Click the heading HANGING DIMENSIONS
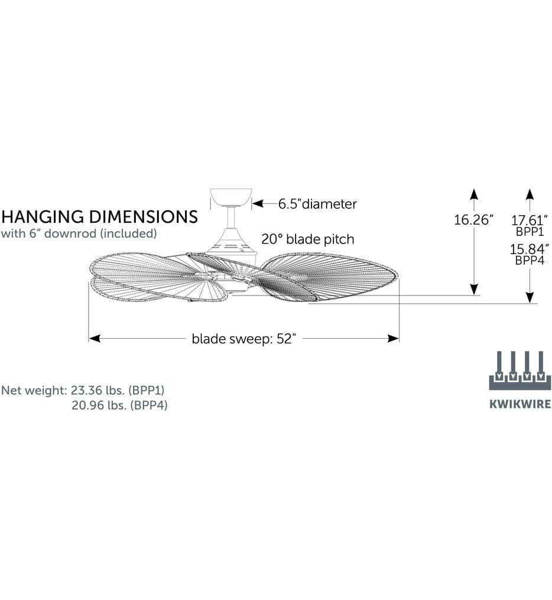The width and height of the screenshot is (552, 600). [x=99, y=216]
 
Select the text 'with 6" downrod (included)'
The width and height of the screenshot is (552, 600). [x=79, y=233]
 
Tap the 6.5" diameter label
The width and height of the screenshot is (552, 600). [x=317, y=203]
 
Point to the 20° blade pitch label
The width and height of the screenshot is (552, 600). [x=307, y=239]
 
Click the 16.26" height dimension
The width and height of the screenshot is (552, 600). [x=473, y=220]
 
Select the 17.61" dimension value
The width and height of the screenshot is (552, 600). [x=530, y=220]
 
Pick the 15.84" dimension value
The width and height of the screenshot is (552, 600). [x=530, y=249]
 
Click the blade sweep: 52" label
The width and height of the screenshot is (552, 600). [x=243, y=339]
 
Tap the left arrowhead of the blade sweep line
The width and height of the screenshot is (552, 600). [x=94, y=338]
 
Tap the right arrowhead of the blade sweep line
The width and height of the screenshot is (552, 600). [x=394, y=338]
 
